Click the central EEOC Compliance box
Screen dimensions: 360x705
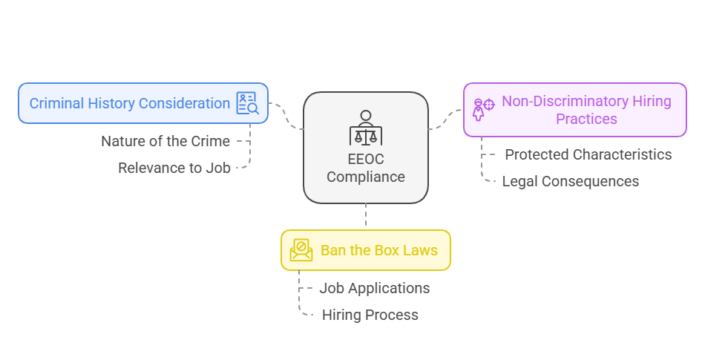click(x=365, y=147)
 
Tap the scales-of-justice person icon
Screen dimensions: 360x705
click(x=365, y=129)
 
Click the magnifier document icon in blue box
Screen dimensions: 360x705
click(x=247, y=103)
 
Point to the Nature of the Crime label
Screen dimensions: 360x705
click(x=165, y=141)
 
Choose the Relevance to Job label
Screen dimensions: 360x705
click(x=174, y=168)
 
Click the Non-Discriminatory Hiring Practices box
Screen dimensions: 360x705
click(x=574, y=110)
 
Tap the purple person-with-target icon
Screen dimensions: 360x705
click(x=483, y=108)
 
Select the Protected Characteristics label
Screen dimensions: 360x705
click(x=588, y=154)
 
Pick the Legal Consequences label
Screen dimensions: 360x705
click(x=570, y=181)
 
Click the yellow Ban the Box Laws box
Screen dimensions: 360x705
click(x=365, y=250)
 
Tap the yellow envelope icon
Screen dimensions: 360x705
click(x=301, y=250)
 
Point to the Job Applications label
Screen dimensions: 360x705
click(x=374, y=288)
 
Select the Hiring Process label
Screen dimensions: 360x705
click(x=370, y=315)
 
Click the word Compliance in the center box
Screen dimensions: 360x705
click(x=365, y=177)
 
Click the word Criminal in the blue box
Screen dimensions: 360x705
click(x=55, y=103)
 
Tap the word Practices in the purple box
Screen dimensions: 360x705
click(x=586, y=119)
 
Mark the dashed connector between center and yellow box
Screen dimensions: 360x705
click(x=365, y=216)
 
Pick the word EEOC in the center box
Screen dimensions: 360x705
click(x=365, y=159)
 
